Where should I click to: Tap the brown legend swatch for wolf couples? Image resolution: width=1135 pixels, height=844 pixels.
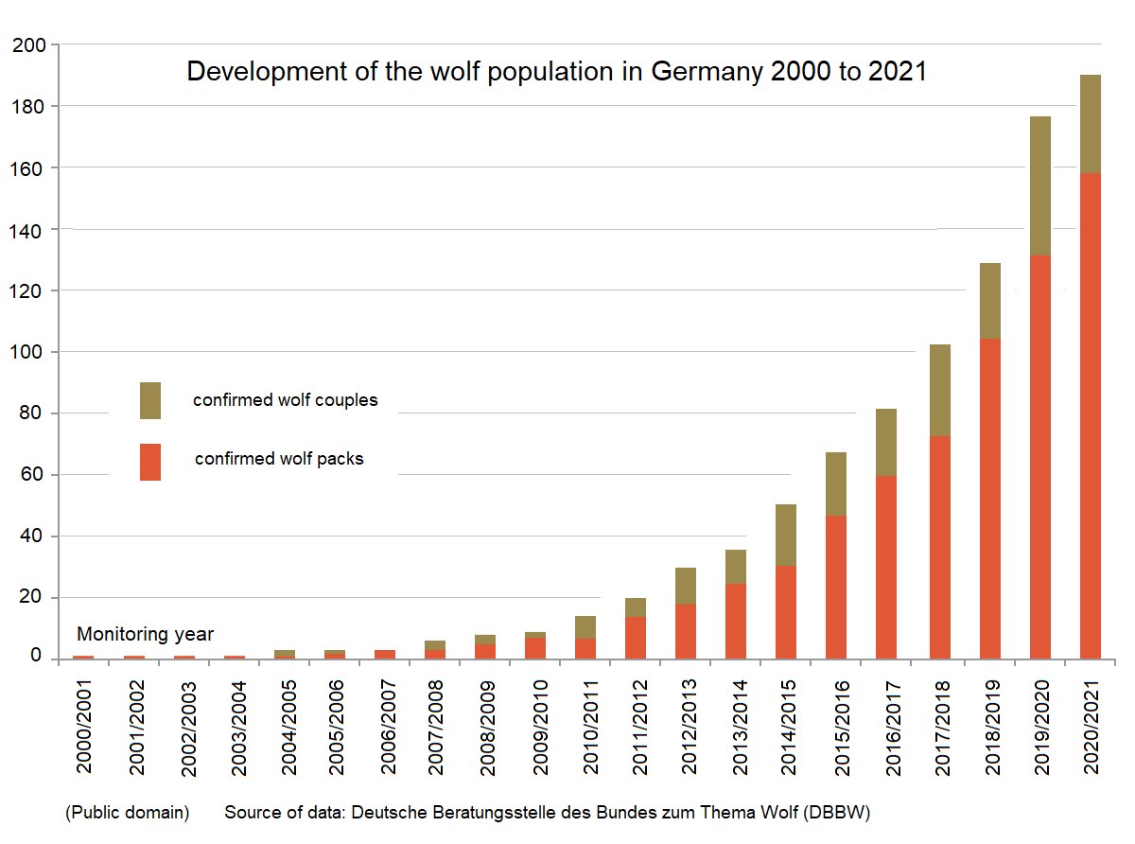(150, 400)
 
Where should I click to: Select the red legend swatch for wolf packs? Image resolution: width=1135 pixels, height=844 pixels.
(150, 462)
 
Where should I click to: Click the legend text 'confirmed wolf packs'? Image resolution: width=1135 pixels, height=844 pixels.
(279, 459)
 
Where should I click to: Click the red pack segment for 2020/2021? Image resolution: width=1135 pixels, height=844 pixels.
(1091, 416)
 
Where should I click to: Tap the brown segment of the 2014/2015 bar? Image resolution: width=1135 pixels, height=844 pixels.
(786, 536)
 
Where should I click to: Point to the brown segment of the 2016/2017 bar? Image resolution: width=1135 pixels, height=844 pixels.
(887, 442)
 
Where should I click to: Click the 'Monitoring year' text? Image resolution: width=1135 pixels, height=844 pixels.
(145, 634)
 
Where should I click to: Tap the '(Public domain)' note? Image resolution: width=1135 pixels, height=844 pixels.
(127, 813)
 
